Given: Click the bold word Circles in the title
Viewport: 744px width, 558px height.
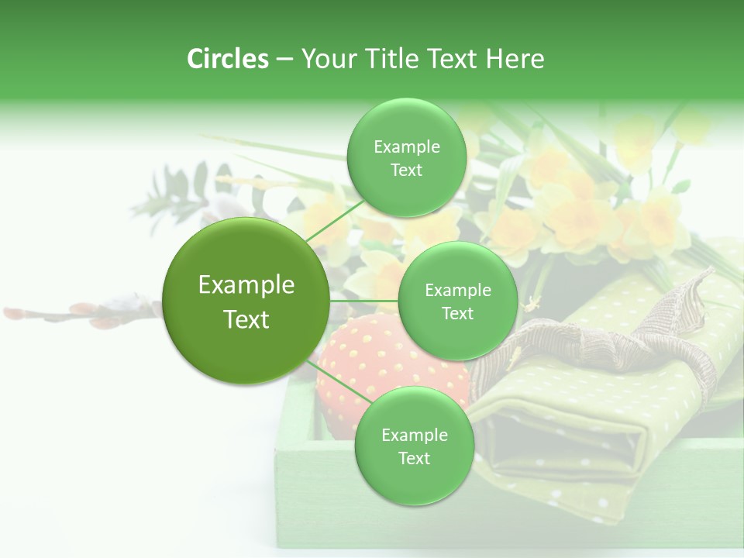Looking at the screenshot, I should [x=227, y=59].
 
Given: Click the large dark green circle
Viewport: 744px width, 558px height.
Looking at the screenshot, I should [x=246, y=301].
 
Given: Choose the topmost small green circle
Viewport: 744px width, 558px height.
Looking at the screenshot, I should [x=406, y=157].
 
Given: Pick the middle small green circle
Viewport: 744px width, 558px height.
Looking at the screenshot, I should [x=457, y=301].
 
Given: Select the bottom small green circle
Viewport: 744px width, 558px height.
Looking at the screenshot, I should [x=414, y=446].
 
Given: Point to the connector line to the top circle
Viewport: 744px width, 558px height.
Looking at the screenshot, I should [x=335, y=219].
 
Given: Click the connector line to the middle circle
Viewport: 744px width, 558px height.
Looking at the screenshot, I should [x=363, y=301].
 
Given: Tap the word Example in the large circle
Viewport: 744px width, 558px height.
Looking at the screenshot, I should [x=246, y=285].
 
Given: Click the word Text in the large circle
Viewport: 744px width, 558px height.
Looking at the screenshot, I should [x=246, y=319].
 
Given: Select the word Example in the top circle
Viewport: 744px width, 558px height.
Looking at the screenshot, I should [x=406, y=147].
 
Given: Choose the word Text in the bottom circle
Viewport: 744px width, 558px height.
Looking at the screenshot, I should [x=414, y=458].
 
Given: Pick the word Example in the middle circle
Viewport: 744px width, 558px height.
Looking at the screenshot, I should [x=457, y=291].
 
